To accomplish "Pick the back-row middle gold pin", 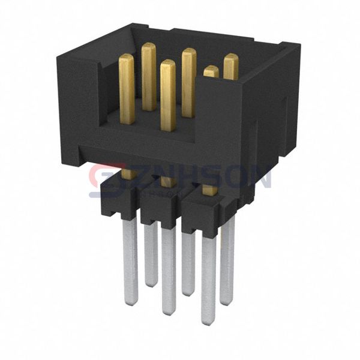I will click(189, 81).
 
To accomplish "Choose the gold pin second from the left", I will click(148, 75).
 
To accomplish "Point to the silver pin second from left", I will click(151, 252).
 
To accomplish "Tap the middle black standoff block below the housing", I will click(161, 207).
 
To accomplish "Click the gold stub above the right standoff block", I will click(209, 190).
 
